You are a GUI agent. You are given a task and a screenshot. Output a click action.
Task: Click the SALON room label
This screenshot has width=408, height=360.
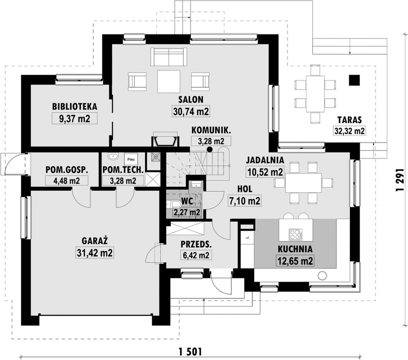[x=191, y=99]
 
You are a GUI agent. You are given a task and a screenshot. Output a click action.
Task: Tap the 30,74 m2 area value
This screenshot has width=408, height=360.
[x=191, y=111]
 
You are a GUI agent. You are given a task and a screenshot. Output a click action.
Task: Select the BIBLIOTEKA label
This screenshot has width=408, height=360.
[x=75, y=107]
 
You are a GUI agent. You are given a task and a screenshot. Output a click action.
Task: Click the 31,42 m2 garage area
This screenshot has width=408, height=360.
[x=95, y=253]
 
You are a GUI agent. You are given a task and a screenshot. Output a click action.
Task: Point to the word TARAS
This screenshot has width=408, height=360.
[x=349, y=120]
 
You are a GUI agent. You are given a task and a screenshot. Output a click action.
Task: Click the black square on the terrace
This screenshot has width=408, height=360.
[x=354, y=80]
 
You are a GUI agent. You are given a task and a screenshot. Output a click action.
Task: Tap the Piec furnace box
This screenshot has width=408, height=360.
[x=131, y=159]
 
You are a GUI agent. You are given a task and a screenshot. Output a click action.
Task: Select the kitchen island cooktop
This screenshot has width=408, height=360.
[x=296, y=234]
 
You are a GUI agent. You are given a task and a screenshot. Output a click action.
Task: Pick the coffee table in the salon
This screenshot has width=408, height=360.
[x=169, y=81]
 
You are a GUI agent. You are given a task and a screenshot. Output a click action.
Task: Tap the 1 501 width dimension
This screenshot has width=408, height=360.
[x=190, y=352]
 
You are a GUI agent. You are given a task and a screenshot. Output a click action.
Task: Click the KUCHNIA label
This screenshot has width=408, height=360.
[x=295, y=249]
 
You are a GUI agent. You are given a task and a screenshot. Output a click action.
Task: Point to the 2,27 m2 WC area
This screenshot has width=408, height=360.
[x=187, y=212]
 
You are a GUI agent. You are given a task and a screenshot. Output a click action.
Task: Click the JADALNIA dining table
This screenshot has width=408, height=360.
[x=303, y=183]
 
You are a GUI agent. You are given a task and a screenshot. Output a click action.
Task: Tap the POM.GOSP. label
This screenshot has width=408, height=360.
[x=67, y=170]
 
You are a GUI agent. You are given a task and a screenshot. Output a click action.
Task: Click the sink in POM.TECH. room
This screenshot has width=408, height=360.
[x=113, y=156]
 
